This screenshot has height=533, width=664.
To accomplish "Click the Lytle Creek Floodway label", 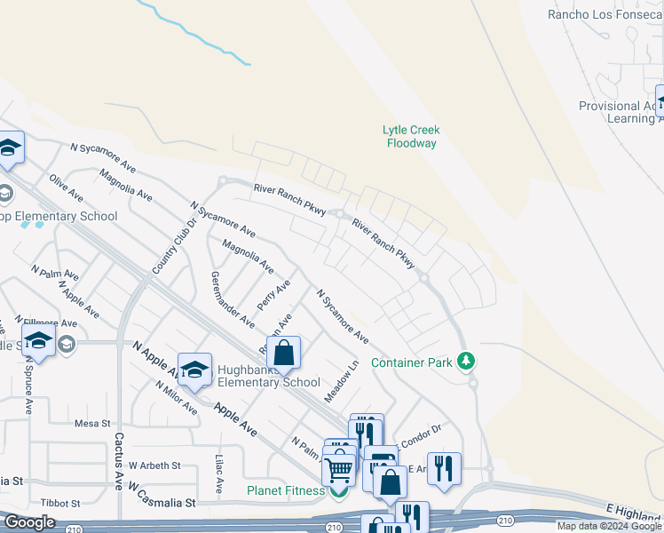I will click(411, 136).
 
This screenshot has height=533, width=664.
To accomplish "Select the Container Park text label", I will click(412, 362).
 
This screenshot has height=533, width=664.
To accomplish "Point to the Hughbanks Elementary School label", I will click(268, 376).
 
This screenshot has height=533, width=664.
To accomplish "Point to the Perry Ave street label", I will click(273, 295).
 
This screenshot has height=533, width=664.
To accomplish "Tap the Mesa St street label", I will click(91, 424).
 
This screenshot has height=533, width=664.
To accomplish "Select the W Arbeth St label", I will click(154, 465).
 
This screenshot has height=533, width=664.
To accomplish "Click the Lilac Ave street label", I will click(219, 474).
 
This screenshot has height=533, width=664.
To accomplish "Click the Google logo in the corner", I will click(30, 522).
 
